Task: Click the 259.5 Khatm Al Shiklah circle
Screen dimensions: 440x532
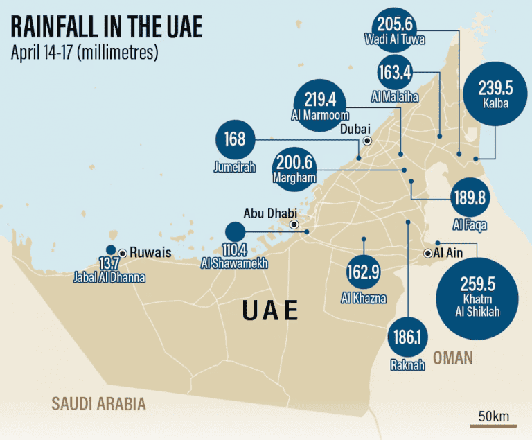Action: pyautogui.click(x=478, y=298)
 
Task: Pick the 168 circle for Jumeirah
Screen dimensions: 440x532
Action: pyautogui.click(x=235, y=140)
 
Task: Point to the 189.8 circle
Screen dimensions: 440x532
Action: pyautogui.click(x=470, y=197)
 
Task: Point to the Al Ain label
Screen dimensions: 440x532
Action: pyautogui.click(x=447, y=253)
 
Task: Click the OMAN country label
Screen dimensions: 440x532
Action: pyautogui.click(x=453, y=358)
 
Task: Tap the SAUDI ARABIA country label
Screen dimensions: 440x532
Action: pyautogui.click(x=99, y=404)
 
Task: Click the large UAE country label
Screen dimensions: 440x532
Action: pyautogui.click(x=271, y=310)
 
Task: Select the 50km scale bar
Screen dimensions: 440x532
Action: pyautogui.click(x=493, y=421)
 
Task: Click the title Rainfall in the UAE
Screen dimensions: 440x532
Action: pyautogui.click(x=106, y=26)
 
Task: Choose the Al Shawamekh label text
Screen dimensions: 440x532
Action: pyautogui.click(x=233, y=263)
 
